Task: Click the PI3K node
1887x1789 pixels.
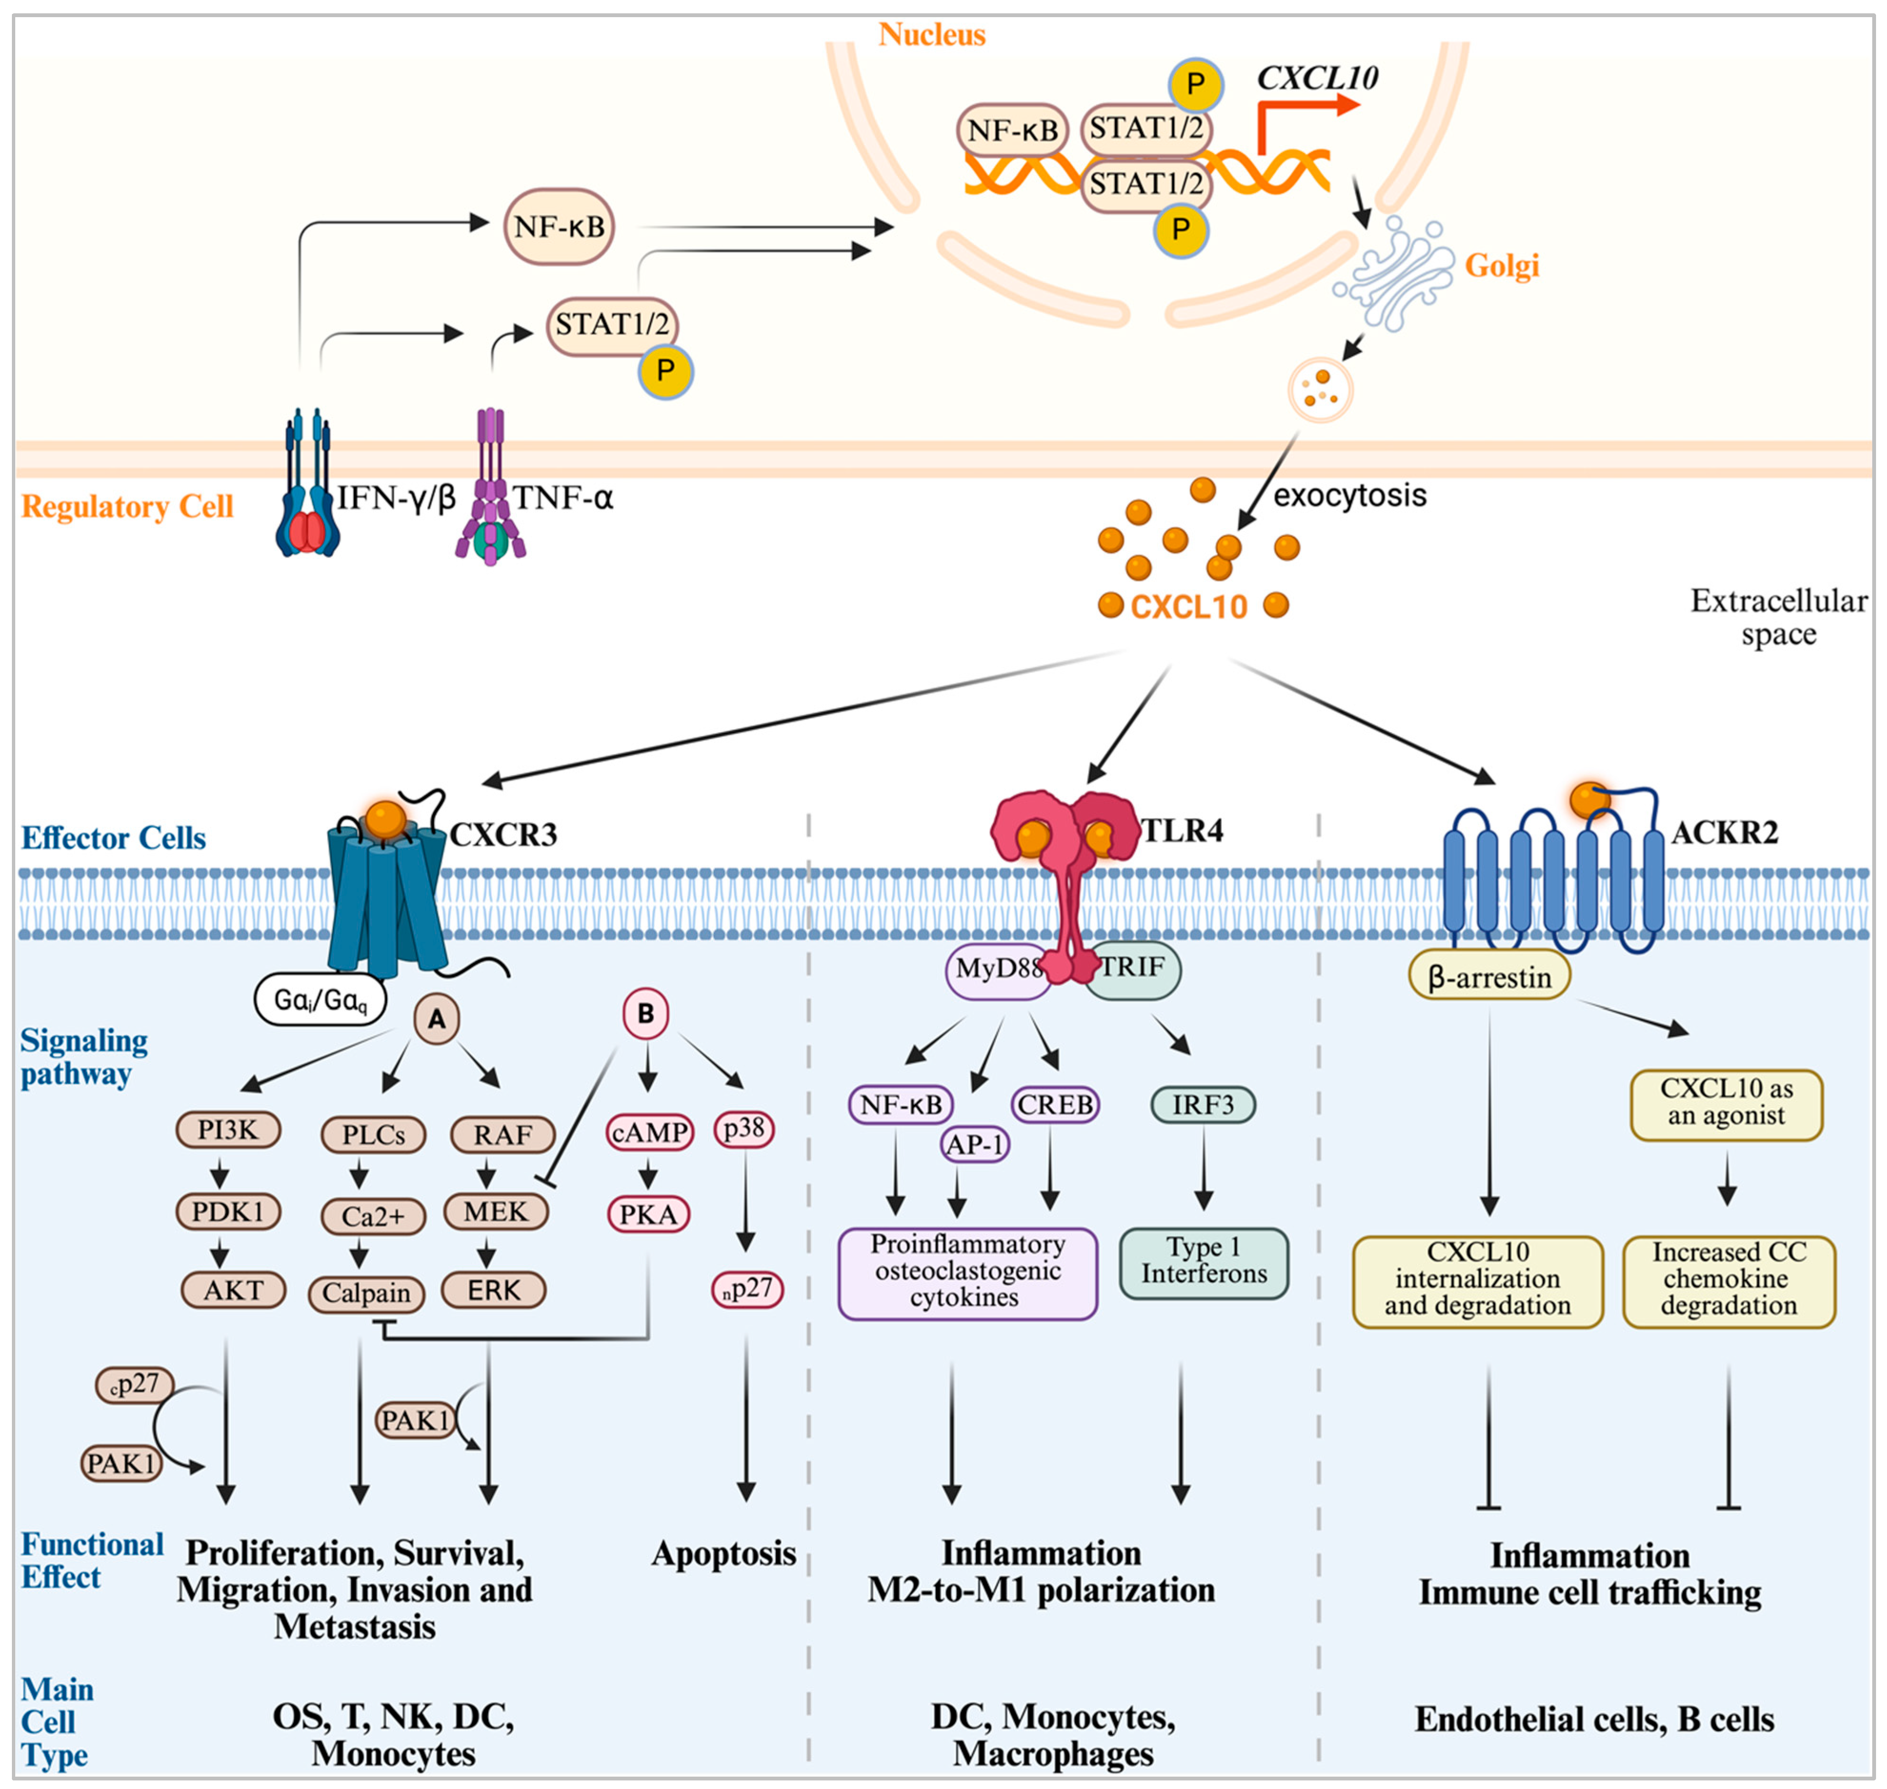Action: [228, 1130]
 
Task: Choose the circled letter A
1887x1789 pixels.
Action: [437, 1018]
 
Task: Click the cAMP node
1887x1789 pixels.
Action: [649, 1132]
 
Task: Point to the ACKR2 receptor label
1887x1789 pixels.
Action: [1724, 833]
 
